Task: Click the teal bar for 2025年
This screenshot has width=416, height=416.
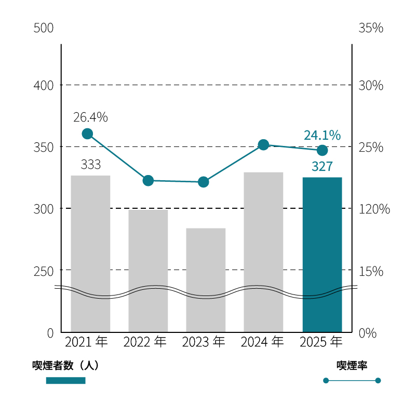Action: (x=322, y=254)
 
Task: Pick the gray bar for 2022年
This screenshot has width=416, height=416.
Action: (x=148, y=270)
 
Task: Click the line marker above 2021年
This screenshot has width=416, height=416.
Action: (x=87, y=134)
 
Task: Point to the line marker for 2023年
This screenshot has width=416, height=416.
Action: (x=204, y=182)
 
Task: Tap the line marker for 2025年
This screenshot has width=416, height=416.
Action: (x=322, y=150)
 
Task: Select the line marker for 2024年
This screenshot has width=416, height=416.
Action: (x=263, y=144)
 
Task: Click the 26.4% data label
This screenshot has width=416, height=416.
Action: (x=90, y=117)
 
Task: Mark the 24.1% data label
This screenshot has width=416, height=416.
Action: (x=322, y=136)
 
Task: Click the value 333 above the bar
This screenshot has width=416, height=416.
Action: (x=90, y=165)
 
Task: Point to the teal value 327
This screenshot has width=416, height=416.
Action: (x=322, y=167)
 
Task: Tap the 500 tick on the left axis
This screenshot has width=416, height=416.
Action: (x=44, y=28)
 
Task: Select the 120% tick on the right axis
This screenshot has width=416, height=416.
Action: (x=374, y=209)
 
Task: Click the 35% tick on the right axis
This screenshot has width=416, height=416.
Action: (x=371, y=28)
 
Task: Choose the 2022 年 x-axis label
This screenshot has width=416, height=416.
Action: (x=145, y=342)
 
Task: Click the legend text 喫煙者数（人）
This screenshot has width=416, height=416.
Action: (x=65, y=366)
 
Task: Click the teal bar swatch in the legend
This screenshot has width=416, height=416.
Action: (x=65, y=381)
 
